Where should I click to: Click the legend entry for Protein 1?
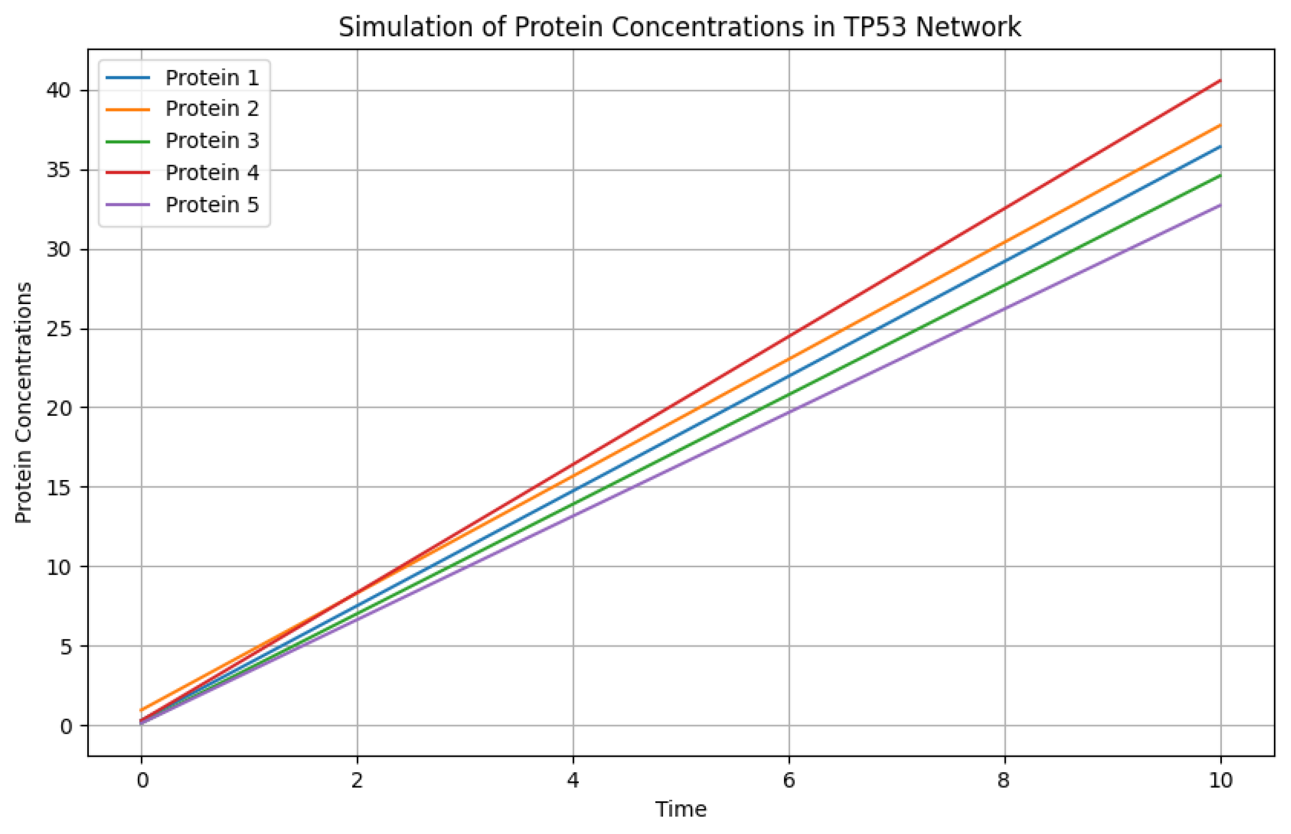coord(211,78)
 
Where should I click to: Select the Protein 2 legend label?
coord(211,109)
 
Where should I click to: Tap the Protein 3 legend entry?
coord(211,141)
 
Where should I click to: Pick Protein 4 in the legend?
coord(211,173)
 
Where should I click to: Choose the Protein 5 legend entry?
coord(211,204)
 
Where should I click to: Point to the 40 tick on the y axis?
coord(59,90)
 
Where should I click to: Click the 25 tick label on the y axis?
coord(59,329)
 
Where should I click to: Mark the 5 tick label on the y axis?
coord(65,647)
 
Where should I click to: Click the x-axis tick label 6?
coord(789,781)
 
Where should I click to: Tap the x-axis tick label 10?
coord(1220,781)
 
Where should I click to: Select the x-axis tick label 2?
coord(356,781)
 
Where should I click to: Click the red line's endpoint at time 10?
coord(1220,80)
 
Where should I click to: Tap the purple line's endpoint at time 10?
coord(1220,204)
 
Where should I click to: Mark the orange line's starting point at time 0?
coord(141,709)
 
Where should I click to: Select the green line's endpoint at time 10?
coord(1220,175)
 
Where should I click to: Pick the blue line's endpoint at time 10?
coord(1220,146)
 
